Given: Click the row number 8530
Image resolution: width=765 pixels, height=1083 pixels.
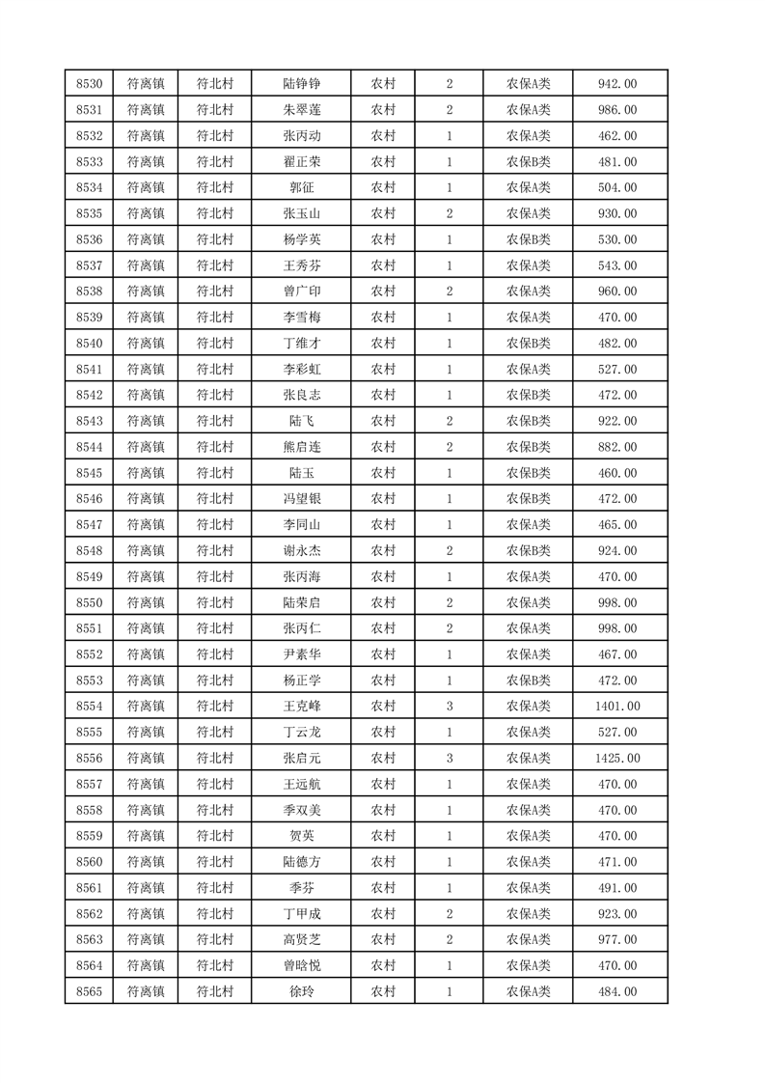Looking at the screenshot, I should [x=89, y=84].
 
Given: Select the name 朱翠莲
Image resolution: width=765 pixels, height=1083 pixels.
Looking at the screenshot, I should [x=301, y=110].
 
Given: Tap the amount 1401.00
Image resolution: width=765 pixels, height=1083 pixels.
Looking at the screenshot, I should [x=618, y=707].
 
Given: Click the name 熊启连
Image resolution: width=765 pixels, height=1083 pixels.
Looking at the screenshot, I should [x=301, y=447].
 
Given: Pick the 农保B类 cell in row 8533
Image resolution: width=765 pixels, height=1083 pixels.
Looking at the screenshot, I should [x=528, y=162].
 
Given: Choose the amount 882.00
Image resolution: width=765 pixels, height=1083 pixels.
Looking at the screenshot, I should [x=618, y=447].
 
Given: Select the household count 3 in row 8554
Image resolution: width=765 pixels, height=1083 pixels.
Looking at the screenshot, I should [x=450, y=707].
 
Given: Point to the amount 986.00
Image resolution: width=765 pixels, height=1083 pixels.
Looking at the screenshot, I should [x=618, y=110].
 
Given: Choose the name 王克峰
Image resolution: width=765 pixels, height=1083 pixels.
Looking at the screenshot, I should [x=301, y=707].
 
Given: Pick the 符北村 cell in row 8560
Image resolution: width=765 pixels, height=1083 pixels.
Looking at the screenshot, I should [x=215, y=862].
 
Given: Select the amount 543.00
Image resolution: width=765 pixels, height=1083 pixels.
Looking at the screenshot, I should [x=618, y=265].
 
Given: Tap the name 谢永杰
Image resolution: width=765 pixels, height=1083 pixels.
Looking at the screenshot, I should [x=301, y=551].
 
